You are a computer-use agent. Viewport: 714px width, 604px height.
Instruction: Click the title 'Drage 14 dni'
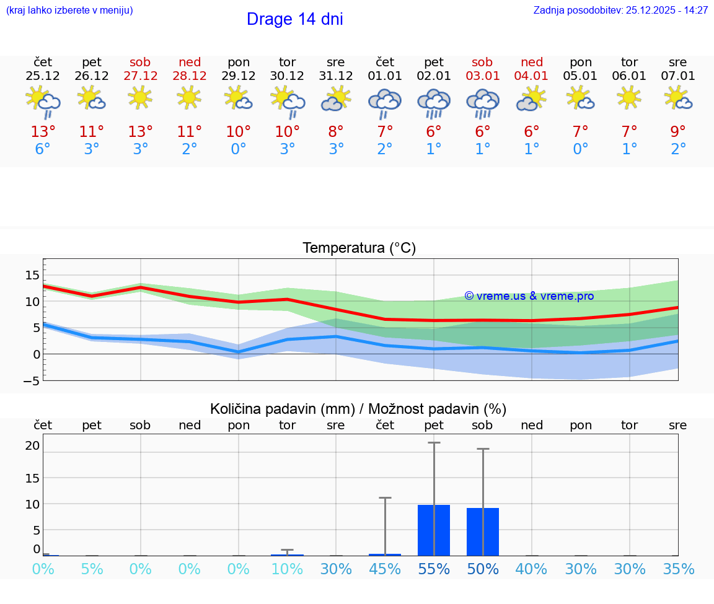[x=294, y=19]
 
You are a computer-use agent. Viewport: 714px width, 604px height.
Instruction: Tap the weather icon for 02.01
[x=434, y=103]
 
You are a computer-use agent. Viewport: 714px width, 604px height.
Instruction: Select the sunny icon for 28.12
[x=189, y=97]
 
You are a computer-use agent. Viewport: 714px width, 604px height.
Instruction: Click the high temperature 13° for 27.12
[x=140, y=132]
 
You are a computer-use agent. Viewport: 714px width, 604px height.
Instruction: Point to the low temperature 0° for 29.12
[x=238, y=149]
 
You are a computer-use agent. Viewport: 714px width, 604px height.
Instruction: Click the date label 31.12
[x=336, y=76]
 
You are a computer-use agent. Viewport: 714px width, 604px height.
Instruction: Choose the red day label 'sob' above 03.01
[x=482, y=63]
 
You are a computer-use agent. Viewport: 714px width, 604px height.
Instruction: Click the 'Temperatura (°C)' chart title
[x=359, y=248]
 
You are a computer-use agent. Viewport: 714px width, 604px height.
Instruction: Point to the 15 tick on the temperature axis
[x=32, y=275]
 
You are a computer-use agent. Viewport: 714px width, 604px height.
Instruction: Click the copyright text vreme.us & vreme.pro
[x=529, y=296]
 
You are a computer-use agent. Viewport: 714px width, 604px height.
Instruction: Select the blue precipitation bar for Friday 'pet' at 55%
[x=434, y=530]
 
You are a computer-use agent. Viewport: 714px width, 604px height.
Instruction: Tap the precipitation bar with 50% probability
[x=483, y=532]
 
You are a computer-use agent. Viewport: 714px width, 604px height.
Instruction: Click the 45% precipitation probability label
[x=385, y=569]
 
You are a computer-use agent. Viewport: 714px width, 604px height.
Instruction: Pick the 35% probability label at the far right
[x=678, y=569]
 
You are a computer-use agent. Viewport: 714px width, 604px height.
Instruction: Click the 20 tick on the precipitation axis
[x=32, y=445]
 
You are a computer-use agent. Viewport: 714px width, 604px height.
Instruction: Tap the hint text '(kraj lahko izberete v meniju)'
[x=69, y=11]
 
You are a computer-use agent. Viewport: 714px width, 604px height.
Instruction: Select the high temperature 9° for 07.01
[x=678, y=132]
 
